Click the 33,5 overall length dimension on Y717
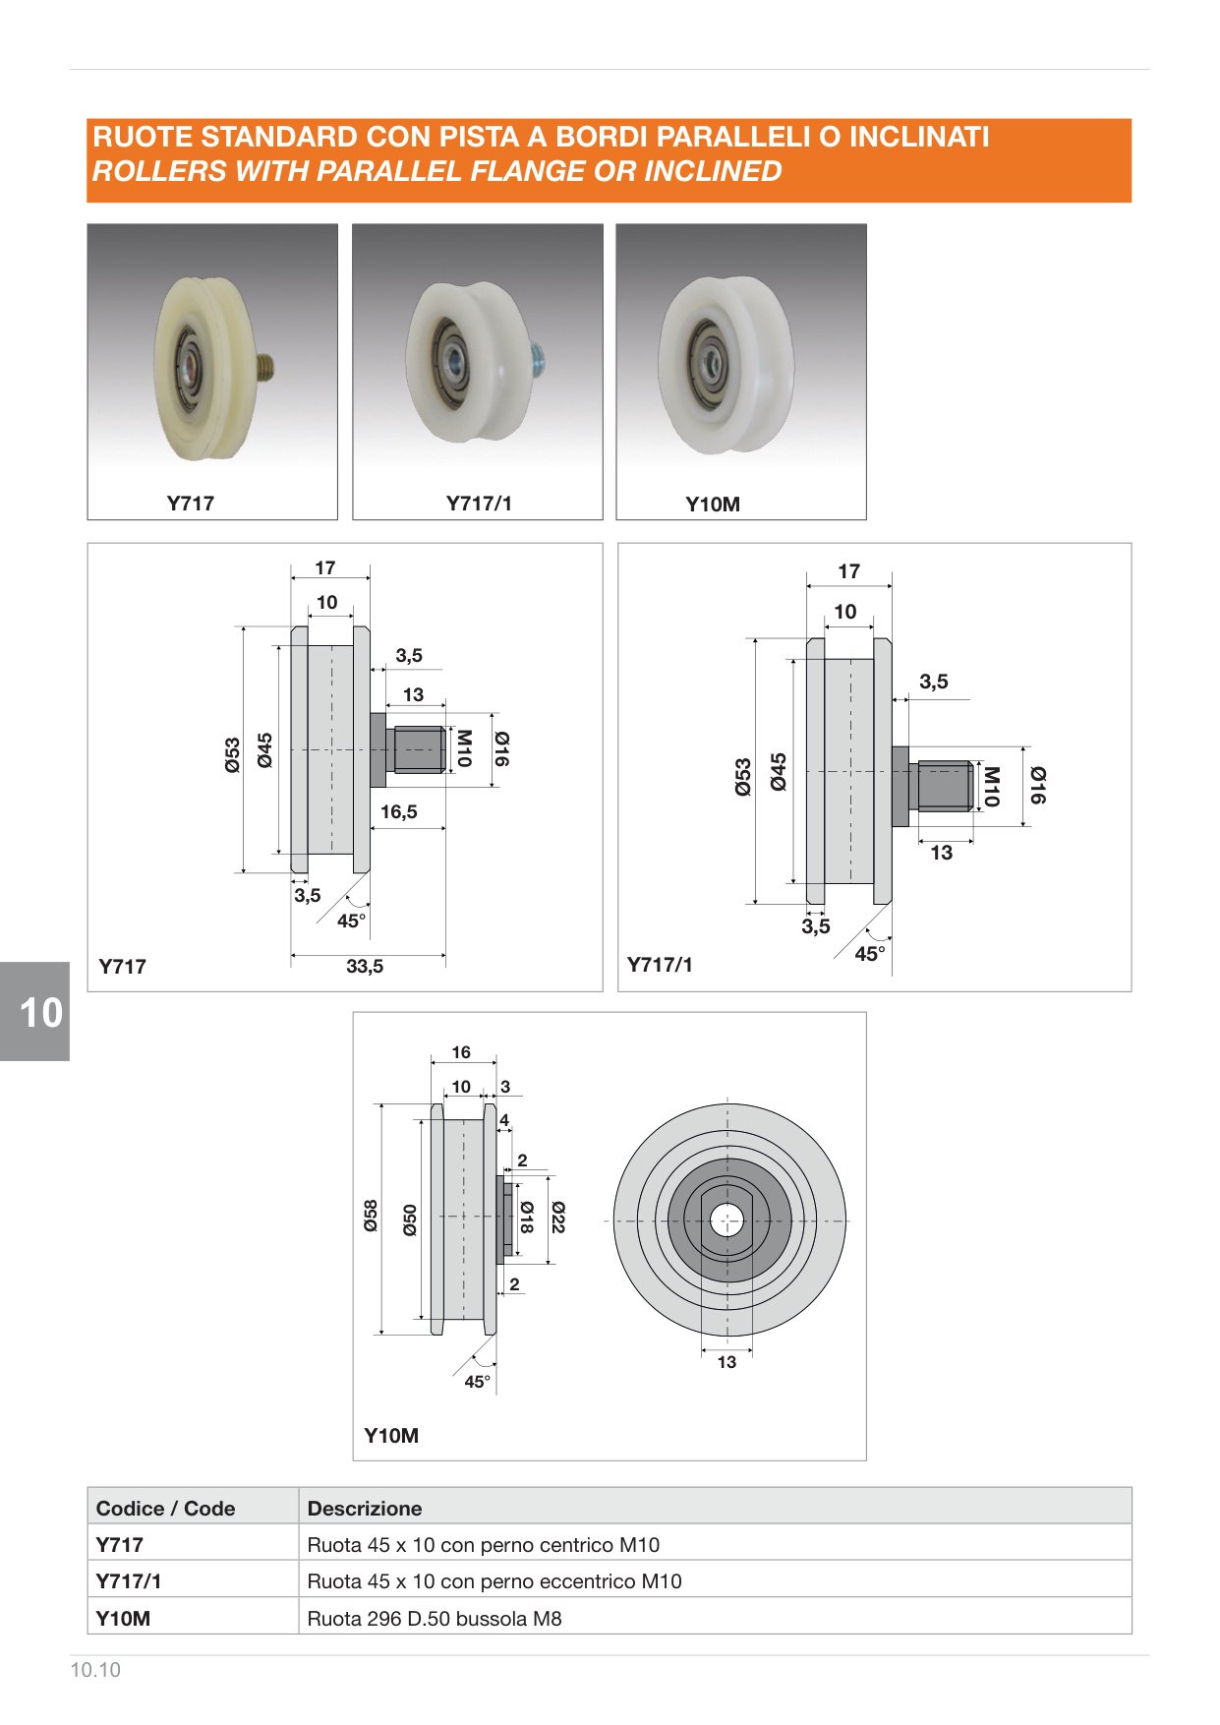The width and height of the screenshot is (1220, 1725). (x=365, y=967)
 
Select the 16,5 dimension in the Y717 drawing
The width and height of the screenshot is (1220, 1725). (x=399, y=811)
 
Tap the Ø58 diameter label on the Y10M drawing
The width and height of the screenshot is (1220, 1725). (x=371, y=1216)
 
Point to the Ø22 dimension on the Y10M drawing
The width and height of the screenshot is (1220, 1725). (x=558, y=1218)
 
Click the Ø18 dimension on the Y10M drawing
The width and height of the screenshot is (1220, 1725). (x=527, y=1218)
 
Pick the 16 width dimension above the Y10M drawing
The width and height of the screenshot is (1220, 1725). (x=461, y=1052)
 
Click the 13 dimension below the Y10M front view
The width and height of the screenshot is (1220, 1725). (x=726, y=1362)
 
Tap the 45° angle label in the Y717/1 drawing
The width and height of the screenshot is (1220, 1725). (x=870, y=954)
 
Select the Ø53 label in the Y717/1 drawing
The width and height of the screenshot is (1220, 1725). (x=743, y=777)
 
